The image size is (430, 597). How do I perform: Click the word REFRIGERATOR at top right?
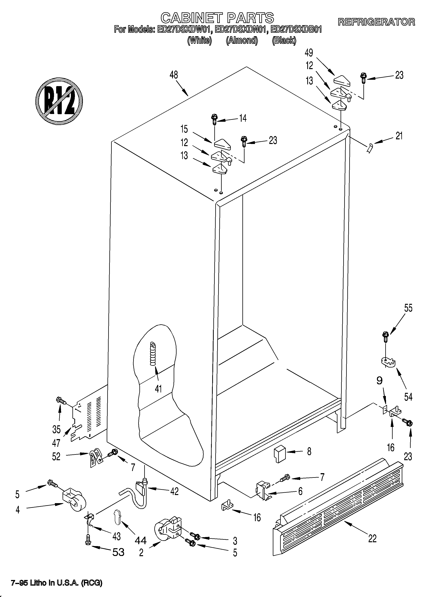coord(376,22)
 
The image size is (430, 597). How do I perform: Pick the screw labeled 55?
coord(385,337)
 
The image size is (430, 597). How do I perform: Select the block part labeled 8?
coord(279,454)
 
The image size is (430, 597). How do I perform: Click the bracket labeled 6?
coord(263,489)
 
